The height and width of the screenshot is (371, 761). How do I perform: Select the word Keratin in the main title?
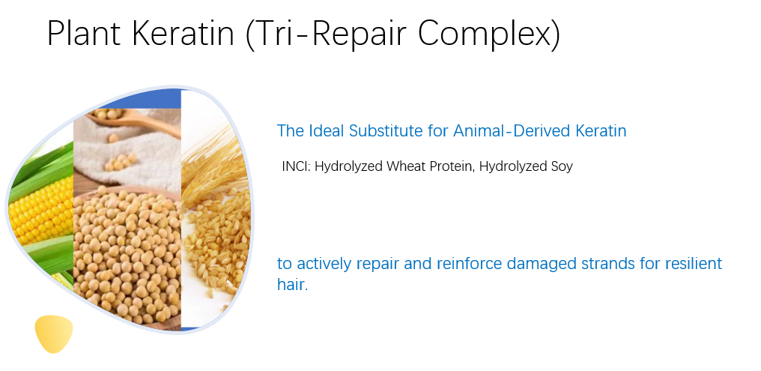(x=192, y=34)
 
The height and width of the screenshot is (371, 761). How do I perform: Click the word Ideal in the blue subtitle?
(x=326, y=130)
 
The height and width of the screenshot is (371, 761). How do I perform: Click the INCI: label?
(x=296, y=166)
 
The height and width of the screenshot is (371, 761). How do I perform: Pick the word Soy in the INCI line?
(x=560, y=166)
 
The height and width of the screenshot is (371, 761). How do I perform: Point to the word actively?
(x=325, y=264)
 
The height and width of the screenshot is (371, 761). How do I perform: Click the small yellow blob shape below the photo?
(x=53, y=334)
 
